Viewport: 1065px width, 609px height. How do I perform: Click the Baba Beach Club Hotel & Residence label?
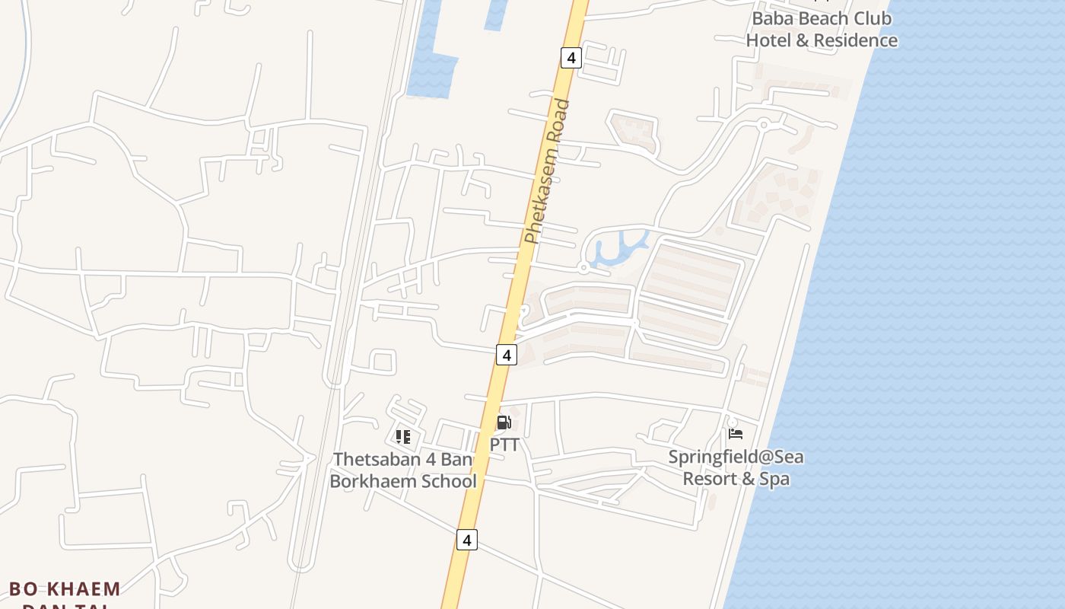pos(822,29)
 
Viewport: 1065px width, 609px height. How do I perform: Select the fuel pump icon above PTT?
pos(504,422)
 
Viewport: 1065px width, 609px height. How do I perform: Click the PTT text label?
pos(504,444)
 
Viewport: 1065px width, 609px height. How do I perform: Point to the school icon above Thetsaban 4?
pos(403,436)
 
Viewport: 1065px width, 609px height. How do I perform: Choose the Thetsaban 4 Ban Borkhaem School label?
pos(403,470)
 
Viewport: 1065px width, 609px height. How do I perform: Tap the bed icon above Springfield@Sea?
pos(736,434)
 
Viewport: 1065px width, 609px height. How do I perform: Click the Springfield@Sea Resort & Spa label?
pos(736,467)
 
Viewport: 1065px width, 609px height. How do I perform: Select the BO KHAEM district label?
pos(65,589)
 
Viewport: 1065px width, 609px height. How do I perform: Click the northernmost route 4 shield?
pos(571,57)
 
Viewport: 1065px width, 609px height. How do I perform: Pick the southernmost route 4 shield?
pos(467,540)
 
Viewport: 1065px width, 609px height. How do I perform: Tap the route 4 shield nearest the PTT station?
pos(507,354)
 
